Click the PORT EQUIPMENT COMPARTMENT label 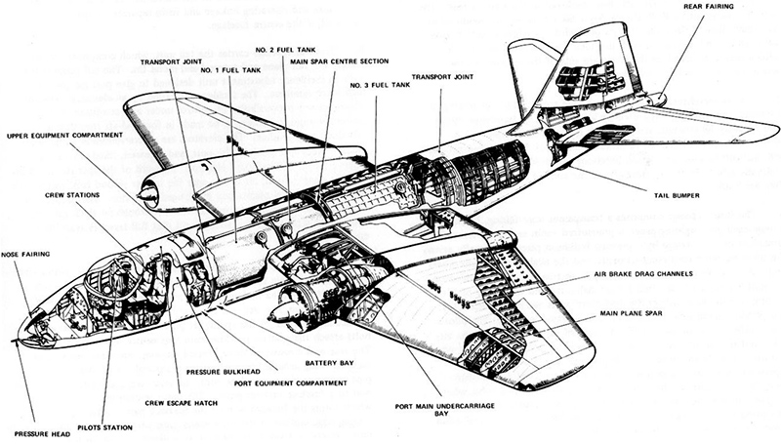(287, 383)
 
